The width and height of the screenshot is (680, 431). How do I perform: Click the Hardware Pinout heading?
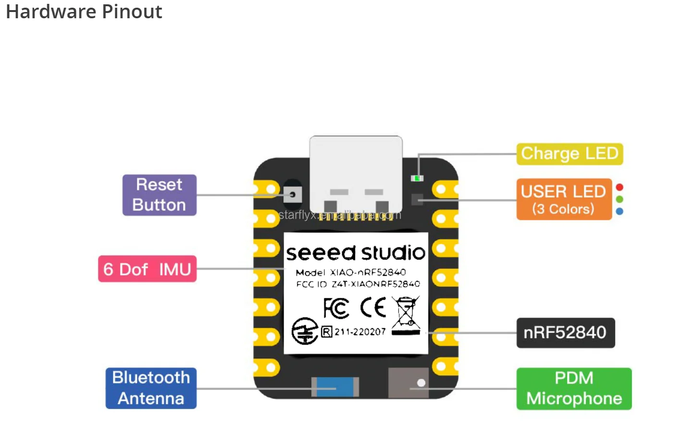84,12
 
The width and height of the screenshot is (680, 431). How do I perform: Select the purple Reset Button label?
159,195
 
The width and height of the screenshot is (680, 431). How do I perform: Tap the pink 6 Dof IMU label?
147,269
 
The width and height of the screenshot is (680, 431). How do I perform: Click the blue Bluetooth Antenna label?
151,388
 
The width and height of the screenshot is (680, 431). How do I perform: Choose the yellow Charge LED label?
569,154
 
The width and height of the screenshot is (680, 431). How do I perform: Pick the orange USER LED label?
564,199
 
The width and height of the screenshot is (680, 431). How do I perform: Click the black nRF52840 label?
565,332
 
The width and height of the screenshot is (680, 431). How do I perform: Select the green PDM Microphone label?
574,388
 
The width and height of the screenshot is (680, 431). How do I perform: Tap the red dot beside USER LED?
619,187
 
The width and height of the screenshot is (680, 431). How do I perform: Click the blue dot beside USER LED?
619,211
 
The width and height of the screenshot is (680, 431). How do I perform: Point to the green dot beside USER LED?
619,199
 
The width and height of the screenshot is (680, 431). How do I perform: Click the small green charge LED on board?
417,178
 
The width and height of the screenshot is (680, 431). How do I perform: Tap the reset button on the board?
292,195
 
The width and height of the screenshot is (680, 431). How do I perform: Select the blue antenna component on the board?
335,387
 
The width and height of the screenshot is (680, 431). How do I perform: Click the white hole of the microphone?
421,383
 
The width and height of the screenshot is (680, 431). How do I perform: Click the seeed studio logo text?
356,253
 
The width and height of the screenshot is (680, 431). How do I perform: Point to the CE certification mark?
373,308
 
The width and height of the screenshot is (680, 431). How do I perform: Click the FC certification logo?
336,308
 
